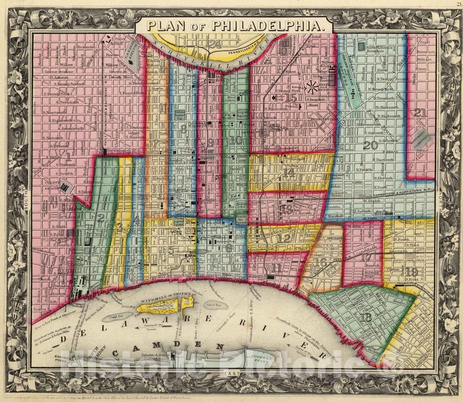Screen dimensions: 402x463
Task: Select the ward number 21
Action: [x=420, y=113]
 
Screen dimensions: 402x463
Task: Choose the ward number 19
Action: [x=412, y=271]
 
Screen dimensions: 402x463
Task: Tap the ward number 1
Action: [x=68, y=156]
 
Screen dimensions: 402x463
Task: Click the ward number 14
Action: [x=289, y=173]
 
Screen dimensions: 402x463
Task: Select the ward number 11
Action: [x=276, y=268]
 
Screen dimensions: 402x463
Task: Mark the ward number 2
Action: [x=101, y=218]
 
